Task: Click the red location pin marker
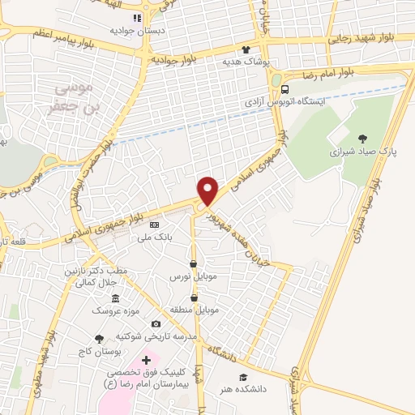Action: [x=208, y=190]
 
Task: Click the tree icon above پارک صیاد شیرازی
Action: [x=362, y=138]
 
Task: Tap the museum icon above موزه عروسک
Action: [x=115, y=297]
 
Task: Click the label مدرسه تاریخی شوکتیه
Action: [x=156, y=336]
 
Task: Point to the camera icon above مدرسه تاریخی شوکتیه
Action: [x=156, y=323]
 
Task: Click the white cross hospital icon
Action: [x=146, y=359]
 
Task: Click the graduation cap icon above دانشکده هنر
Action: [x=242, y=377]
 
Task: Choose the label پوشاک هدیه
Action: [x=246, y=62]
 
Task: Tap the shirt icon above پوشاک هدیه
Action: [x=246, y=49]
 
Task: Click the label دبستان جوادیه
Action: [x=138, y=30]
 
